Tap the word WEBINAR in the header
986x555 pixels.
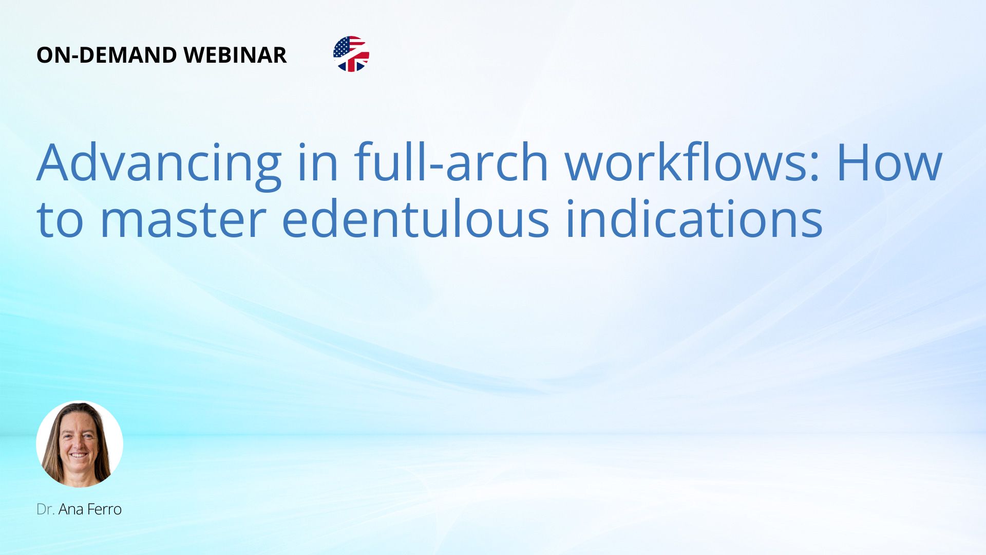click(235, 55)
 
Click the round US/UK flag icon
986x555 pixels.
click(351, 54)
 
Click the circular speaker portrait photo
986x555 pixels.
click(80, 444)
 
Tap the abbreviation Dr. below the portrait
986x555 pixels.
click(46, 509)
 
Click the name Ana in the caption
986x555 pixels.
click(71, 509)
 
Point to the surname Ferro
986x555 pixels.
click(105, 509)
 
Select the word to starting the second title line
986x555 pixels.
click(60, 220)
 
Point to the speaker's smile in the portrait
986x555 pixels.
click(78, 455)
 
